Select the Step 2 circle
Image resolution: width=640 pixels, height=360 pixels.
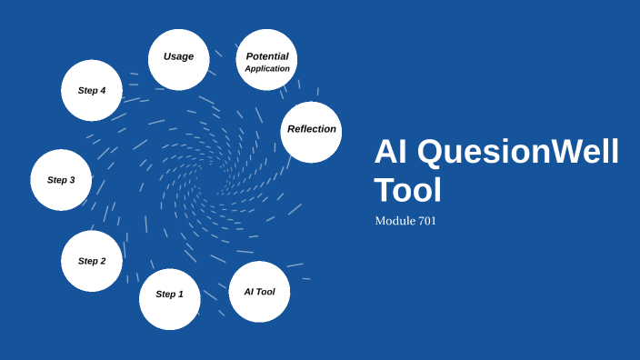[92, 261]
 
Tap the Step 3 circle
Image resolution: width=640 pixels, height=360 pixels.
[61, 180]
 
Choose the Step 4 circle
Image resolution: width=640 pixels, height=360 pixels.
[92, 90]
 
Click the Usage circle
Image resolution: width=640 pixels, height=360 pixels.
[178, 59]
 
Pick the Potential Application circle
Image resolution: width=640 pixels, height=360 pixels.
[266, 60]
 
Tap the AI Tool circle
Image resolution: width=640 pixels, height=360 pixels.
[259, 292]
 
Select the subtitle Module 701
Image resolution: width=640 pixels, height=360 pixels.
[405, 221]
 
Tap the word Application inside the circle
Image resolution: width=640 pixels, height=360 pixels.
[267, 68]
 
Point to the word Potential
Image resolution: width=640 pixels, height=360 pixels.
[267, 56]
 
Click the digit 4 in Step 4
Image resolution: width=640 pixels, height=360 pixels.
[103, 90]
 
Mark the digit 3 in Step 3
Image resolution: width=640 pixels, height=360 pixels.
[72, 180]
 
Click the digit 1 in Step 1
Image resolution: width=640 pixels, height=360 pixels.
[180, 295]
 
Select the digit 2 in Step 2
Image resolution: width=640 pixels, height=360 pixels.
[103, 261]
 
